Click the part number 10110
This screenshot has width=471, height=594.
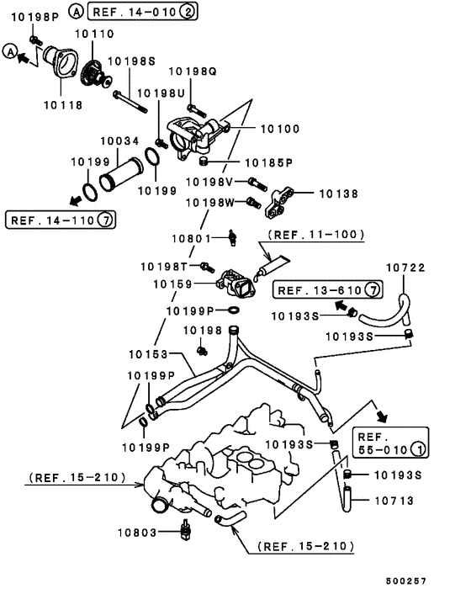94,34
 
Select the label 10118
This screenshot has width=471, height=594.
63,105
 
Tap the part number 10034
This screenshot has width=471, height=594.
119,141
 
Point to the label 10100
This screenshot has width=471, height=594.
280,129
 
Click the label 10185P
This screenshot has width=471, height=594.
269,163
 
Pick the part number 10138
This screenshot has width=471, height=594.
338,194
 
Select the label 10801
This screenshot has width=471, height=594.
191,238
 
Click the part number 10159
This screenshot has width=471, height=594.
172,284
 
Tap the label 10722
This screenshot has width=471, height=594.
405,268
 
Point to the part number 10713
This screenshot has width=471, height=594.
394,501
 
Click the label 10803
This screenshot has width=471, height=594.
137,533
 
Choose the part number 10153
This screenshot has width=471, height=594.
148,354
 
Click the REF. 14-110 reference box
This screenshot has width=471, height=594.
61,220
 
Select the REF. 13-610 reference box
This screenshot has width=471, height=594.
328,290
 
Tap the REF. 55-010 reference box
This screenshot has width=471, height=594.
391,443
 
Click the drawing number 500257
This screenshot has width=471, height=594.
406,581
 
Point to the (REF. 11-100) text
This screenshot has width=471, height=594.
316,235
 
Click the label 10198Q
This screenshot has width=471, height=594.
193,72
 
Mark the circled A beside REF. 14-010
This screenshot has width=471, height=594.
76,12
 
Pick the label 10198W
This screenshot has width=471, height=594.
210,203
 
